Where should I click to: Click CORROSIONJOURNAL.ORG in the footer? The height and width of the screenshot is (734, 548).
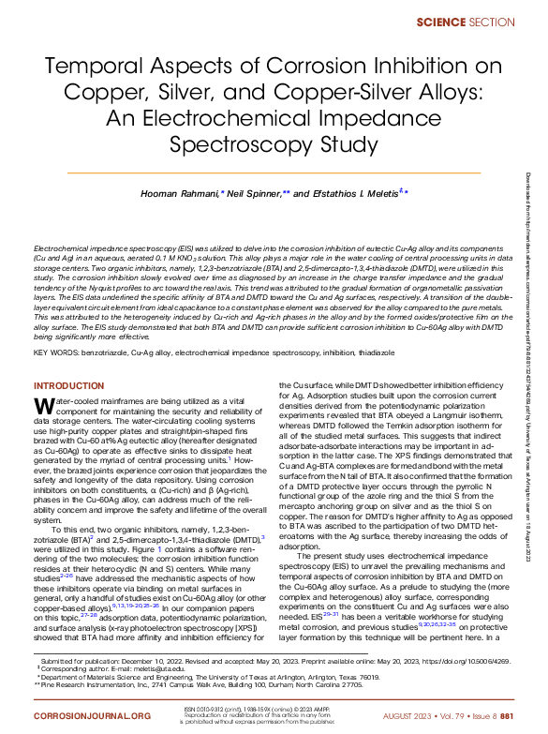point(92,715)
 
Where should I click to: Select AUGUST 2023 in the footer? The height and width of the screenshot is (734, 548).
point(408,715)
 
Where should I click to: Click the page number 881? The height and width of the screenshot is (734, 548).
point(505,715)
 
